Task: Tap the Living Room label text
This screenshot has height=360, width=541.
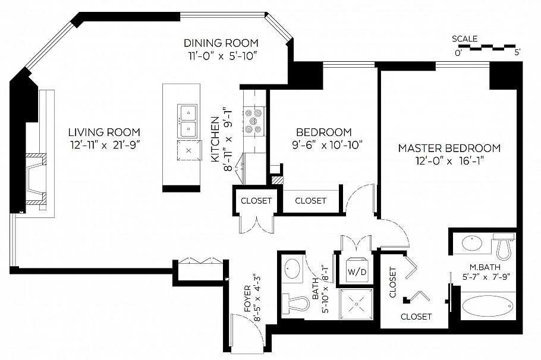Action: pos(104,132)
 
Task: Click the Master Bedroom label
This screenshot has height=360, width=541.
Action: pos(449,148)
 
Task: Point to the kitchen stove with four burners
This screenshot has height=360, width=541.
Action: pos(253,121)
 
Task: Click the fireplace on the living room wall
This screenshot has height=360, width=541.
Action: pos(37,181)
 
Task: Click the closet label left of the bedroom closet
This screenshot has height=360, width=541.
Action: pos(256,201)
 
